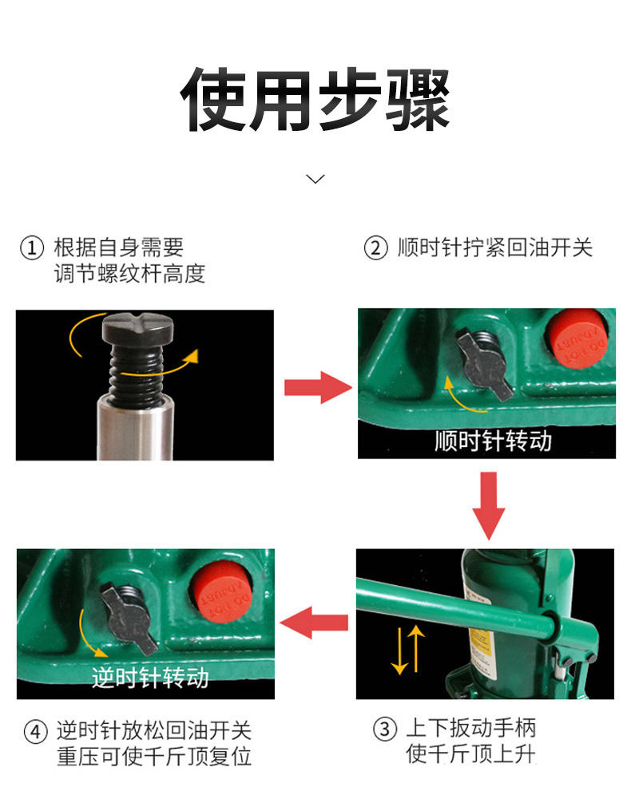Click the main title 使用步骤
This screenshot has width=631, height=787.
[x=315, y=99]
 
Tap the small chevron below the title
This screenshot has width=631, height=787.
[x=315, y=179]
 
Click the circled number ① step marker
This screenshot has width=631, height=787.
[x=32, y=248]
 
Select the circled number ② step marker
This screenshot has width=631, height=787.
[x=375, y=248]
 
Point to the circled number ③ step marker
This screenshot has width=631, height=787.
[x=385, y=729]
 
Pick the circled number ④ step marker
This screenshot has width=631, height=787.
[x=36, y=732]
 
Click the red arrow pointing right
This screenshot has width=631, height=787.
[x=318, y=387]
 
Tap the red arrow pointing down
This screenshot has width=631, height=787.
[x=489, y=505]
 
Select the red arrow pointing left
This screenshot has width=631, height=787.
[x=314, y=623]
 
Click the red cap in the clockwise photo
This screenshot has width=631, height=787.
[x=577, y=339]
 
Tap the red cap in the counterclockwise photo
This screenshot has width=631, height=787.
[x=221, y=593]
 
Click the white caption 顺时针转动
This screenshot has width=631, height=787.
[x=493, y=441]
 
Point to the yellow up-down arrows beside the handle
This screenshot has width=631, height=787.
[x=407, y=650]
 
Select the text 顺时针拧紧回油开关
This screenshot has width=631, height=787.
[x=495, y=248]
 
